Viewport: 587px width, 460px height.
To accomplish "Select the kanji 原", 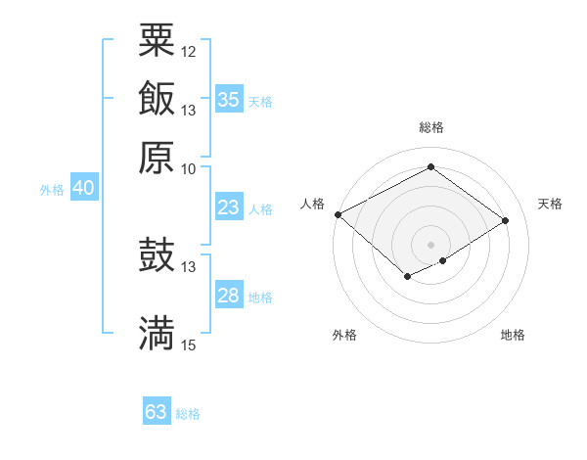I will pos(157,157).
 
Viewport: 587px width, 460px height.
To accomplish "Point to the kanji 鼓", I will pos(157,255).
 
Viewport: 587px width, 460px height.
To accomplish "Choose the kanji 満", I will pos(157,333).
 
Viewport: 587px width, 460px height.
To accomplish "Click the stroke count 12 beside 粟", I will pos(189,51).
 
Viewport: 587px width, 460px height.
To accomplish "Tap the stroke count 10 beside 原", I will pos(189,167).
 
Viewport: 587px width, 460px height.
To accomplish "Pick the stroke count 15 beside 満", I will pos(189,345).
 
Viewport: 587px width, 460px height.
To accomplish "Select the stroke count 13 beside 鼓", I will pos(189,266).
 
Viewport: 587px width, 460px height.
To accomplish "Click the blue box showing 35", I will pos(229,99).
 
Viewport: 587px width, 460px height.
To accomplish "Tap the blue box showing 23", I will pos(229,207).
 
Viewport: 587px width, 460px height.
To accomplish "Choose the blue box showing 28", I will pos(229,296).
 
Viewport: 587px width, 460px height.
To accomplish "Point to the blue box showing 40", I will pos(83,189).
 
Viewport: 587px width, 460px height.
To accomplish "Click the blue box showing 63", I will pos(156,412).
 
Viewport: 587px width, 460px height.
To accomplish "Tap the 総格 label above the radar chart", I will pos(431,127).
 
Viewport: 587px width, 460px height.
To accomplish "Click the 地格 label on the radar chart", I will pos(513,336).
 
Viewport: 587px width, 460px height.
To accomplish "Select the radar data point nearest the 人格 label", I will pos(338,214).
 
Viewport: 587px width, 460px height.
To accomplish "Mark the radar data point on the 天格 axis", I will pos(506,221).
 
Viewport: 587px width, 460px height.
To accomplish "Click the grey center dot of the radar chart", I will pos(431,244).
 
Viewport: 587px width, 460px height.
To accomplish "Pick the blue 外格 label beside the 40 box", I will pos(52,190).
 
